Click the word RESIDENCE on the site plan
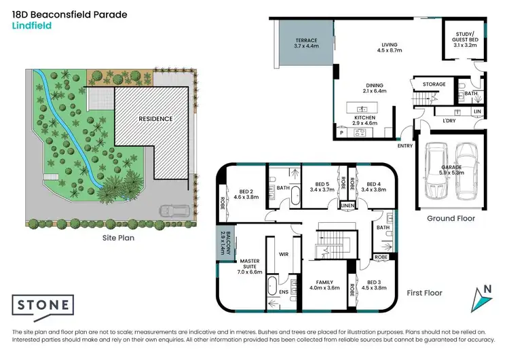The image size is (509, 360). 155,118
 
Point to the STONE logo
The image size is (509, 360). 43,304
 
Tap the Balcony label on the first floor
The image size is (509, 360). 225,242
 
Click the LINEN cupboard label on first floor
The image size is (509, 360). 347,204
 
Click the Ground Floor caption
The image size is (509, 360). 451,219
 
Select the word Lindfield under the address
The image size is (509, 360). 32,26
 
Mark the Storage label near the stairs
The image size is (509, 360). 434,84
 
